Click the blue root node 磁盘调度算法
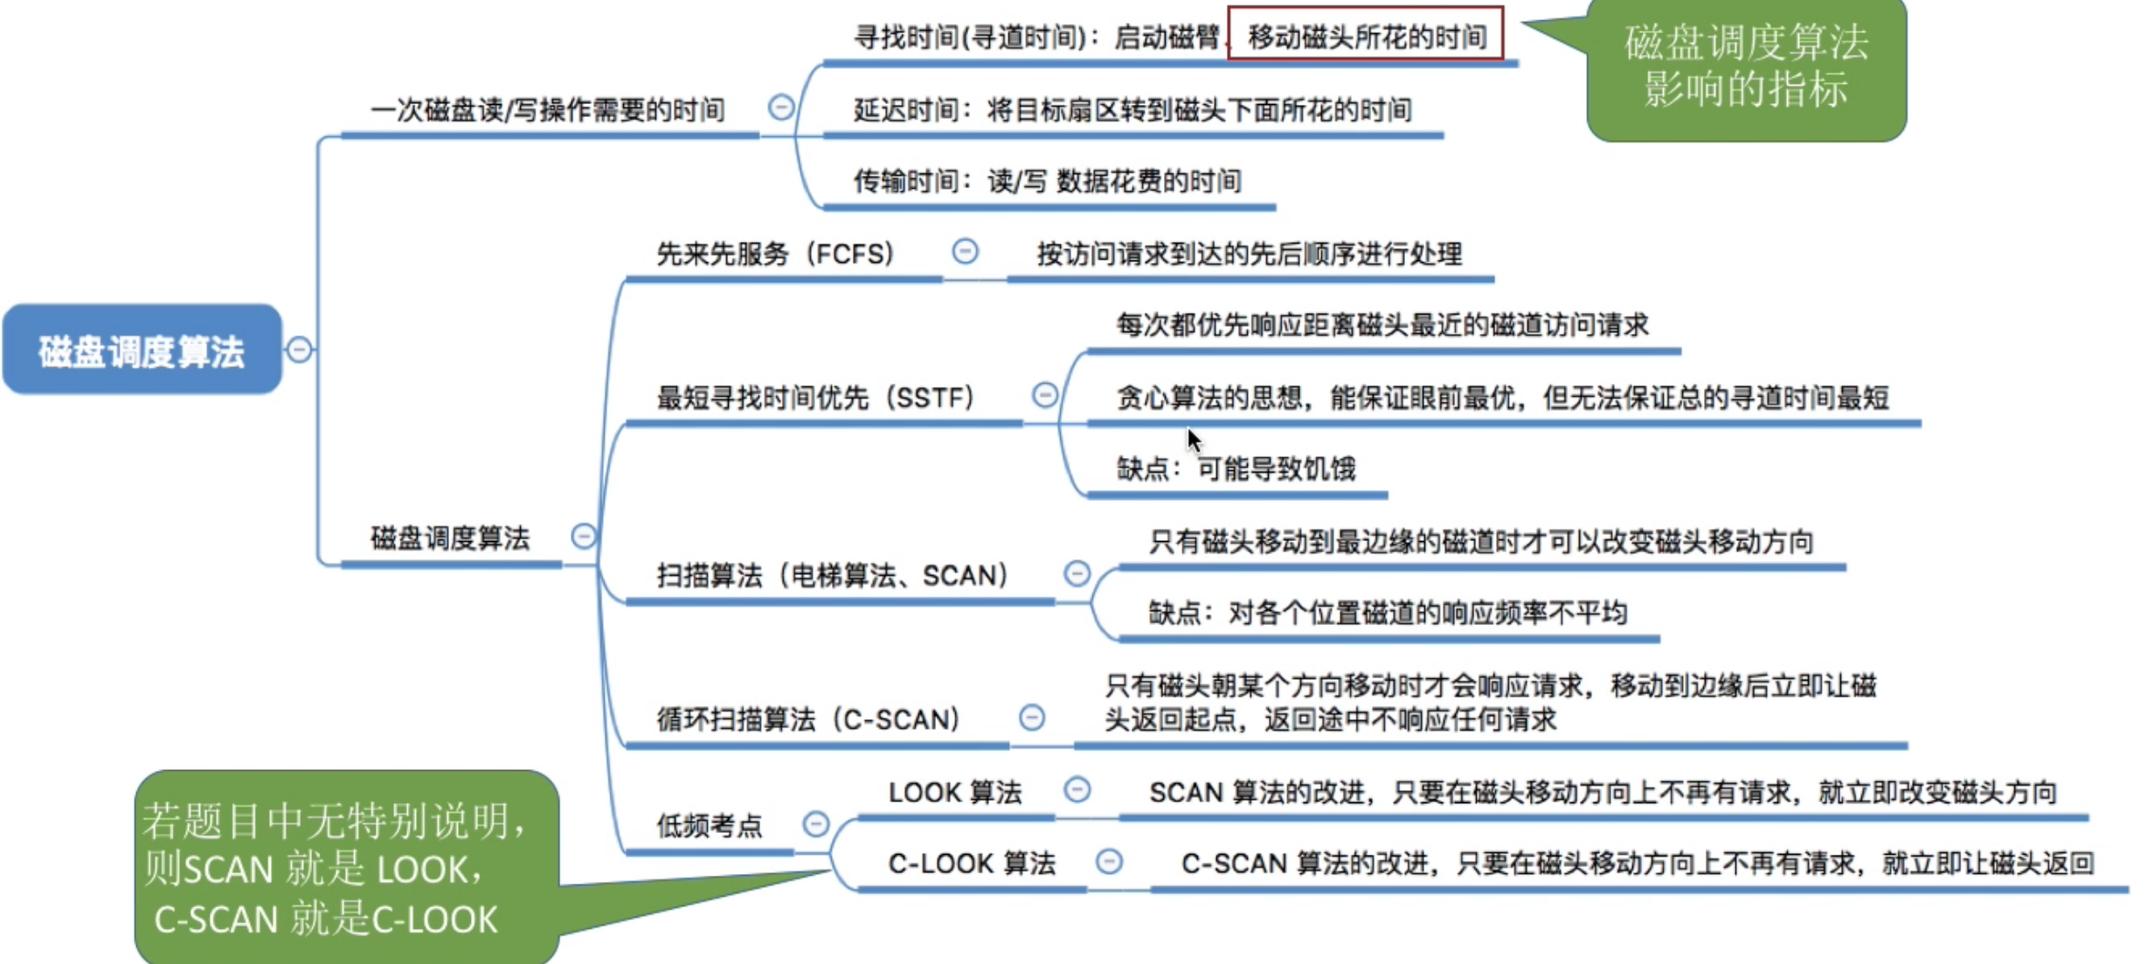142,350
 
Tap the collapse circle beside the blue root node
300,350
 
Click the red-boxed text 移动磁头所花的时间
1367,37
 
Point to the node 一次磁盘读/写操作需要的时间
548,110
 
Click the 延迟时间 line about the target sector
1132,110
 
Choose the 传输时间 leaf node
1047,181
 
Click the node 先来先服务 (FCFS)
775,253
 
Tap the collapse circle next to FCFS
965,252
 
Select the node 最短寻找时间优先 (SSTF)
815,398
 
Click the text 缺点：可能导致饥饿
1236,469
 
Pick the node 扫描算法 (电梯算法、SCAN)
832,576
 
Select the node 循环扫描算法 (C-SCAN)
808,719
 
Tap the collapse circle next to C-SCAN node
1032,718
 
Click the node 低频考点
710,825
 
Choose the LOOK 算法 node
954,793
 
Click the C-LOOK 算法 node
972,863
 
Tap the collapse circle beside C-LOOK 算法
1109,862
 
